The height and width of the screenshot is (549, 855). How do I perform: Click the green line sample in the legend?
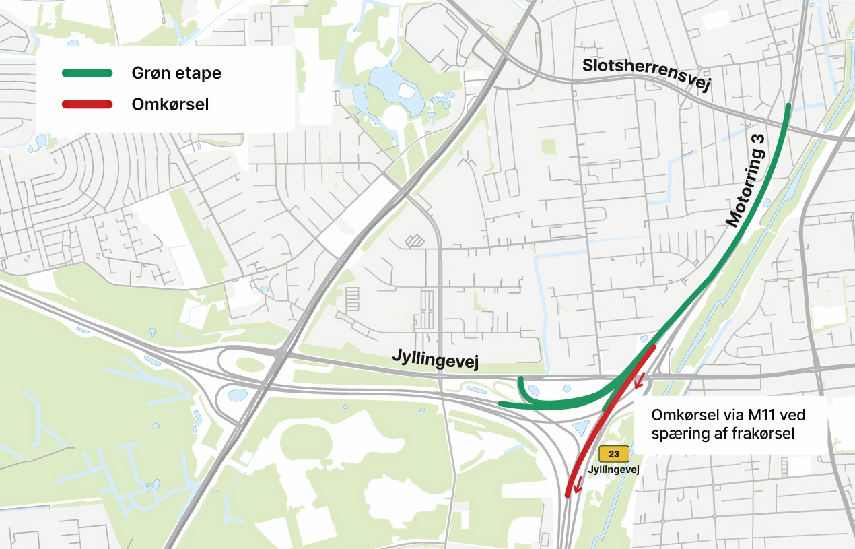coord(87,73)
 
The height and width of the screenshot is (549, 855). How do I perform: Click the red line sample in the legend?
coord(87,104)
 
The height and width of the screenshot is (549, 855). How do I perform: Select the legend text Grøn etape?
coord(176,73)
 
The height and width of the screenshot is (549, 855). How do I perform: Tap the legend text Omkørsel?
coord(170,104)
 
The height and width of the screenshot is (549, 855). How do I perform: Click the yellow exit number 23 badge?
coord(614,453)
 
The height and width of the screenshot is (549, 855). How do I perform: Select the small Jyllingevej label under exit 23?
coord(613,469)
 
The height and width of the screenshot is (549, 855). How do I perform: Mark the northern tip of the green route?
coord(788,106)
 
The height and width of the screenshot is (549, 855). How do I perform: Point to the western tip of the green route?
coord(502,403)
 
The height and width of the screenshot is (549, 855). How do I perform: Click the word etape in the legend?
coord(201,73)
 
